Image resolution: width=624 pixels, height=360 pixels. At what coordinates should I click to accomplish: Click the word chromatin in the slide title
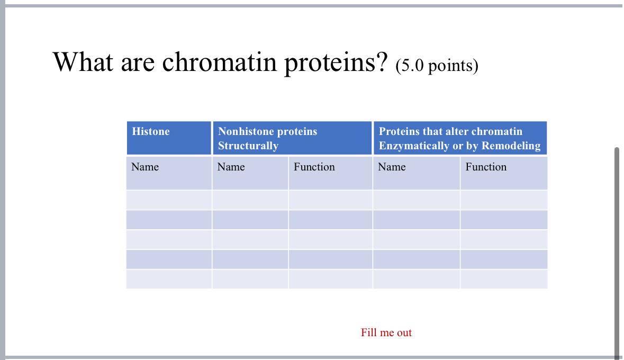[x=220, y=62]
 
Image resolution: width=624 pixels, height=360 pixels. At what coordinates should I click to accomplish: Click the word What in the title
[x=83, y=62]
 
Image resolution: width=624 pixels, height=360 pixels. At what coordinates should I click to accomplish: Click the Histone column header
[x=151, y=132]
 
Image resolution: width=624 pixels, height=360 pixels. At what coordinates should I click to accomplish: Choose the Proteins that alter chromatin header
[x=450, y=132]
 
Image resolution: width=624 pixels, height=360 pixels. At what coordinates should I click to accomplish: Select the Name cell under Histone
[x=145, y=167]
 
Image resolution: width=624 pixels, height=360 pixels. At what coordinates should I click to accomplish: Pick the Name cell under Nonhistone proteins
[x=231, y=167]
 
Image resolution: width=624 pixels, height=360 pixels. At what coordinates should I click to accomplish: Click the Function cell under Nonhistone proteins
[x=314, y=167]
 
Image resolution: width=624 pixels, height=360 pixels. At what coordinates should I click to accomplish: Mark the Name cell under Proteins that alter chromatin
[x=392, y=167]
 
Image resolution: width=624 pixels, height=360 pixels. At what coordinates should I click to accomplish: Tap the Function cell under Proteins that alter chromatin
[x=486, y=167]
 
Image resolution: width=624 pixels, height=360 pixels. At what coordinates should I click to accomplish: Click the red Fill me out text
[x=386, y=332]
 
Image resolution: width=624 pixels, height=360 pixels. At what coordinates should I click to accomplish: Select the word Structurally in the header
[x=248, y=146]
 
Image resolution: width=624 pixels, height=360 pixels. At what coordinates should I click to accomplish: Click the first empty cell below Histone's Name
[x=169, y=200]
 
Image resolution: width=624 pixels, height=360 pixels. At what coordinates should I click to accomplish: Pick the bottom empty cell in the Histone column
[x=169, y=279]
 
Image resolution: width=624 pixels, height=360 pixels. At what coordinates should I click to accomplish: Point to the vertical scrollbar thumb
[x=617, y=249]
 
